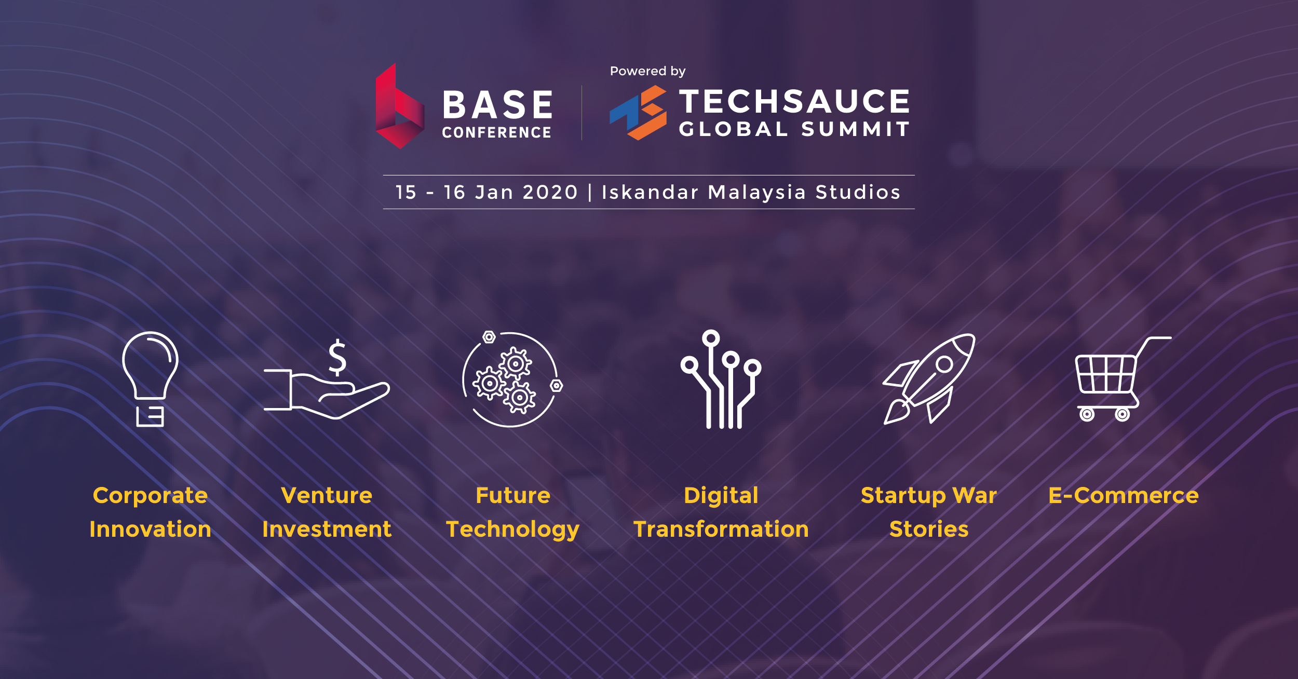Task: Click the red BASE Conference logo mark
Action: click(x=399, y=106)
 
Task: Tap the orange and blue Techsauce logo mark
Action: click(x=638, y=113)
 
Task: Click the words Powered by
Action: click(x=647, y=71)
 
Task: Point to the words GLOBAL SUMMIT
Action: click(x=794, y=129)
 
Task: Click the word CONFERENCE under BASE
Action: click(x=496, y=132)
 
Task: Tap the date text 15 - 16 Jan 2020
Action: click(x=486, y=192)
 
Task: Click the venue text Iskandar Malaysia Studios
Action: click(x=751, y=192)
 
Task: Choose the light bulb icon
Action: click(x=150, y=379)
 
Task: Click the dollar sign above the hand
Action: click(x=337, y=357)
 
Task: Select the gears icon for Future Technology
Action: click(x=512, y=379)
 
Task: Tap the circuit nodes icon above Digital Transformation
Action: click(x=721, y=379)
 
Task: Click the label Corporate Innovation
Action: click(x=150, y=512)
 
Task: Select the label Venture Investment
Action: click(x=327, y=512)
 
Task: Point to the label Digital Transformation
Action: click(x=721, y=512)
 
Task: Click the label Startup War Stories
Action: click(x=929, y=512)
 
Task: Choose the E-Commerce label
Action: click(x=1124, y=495)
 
